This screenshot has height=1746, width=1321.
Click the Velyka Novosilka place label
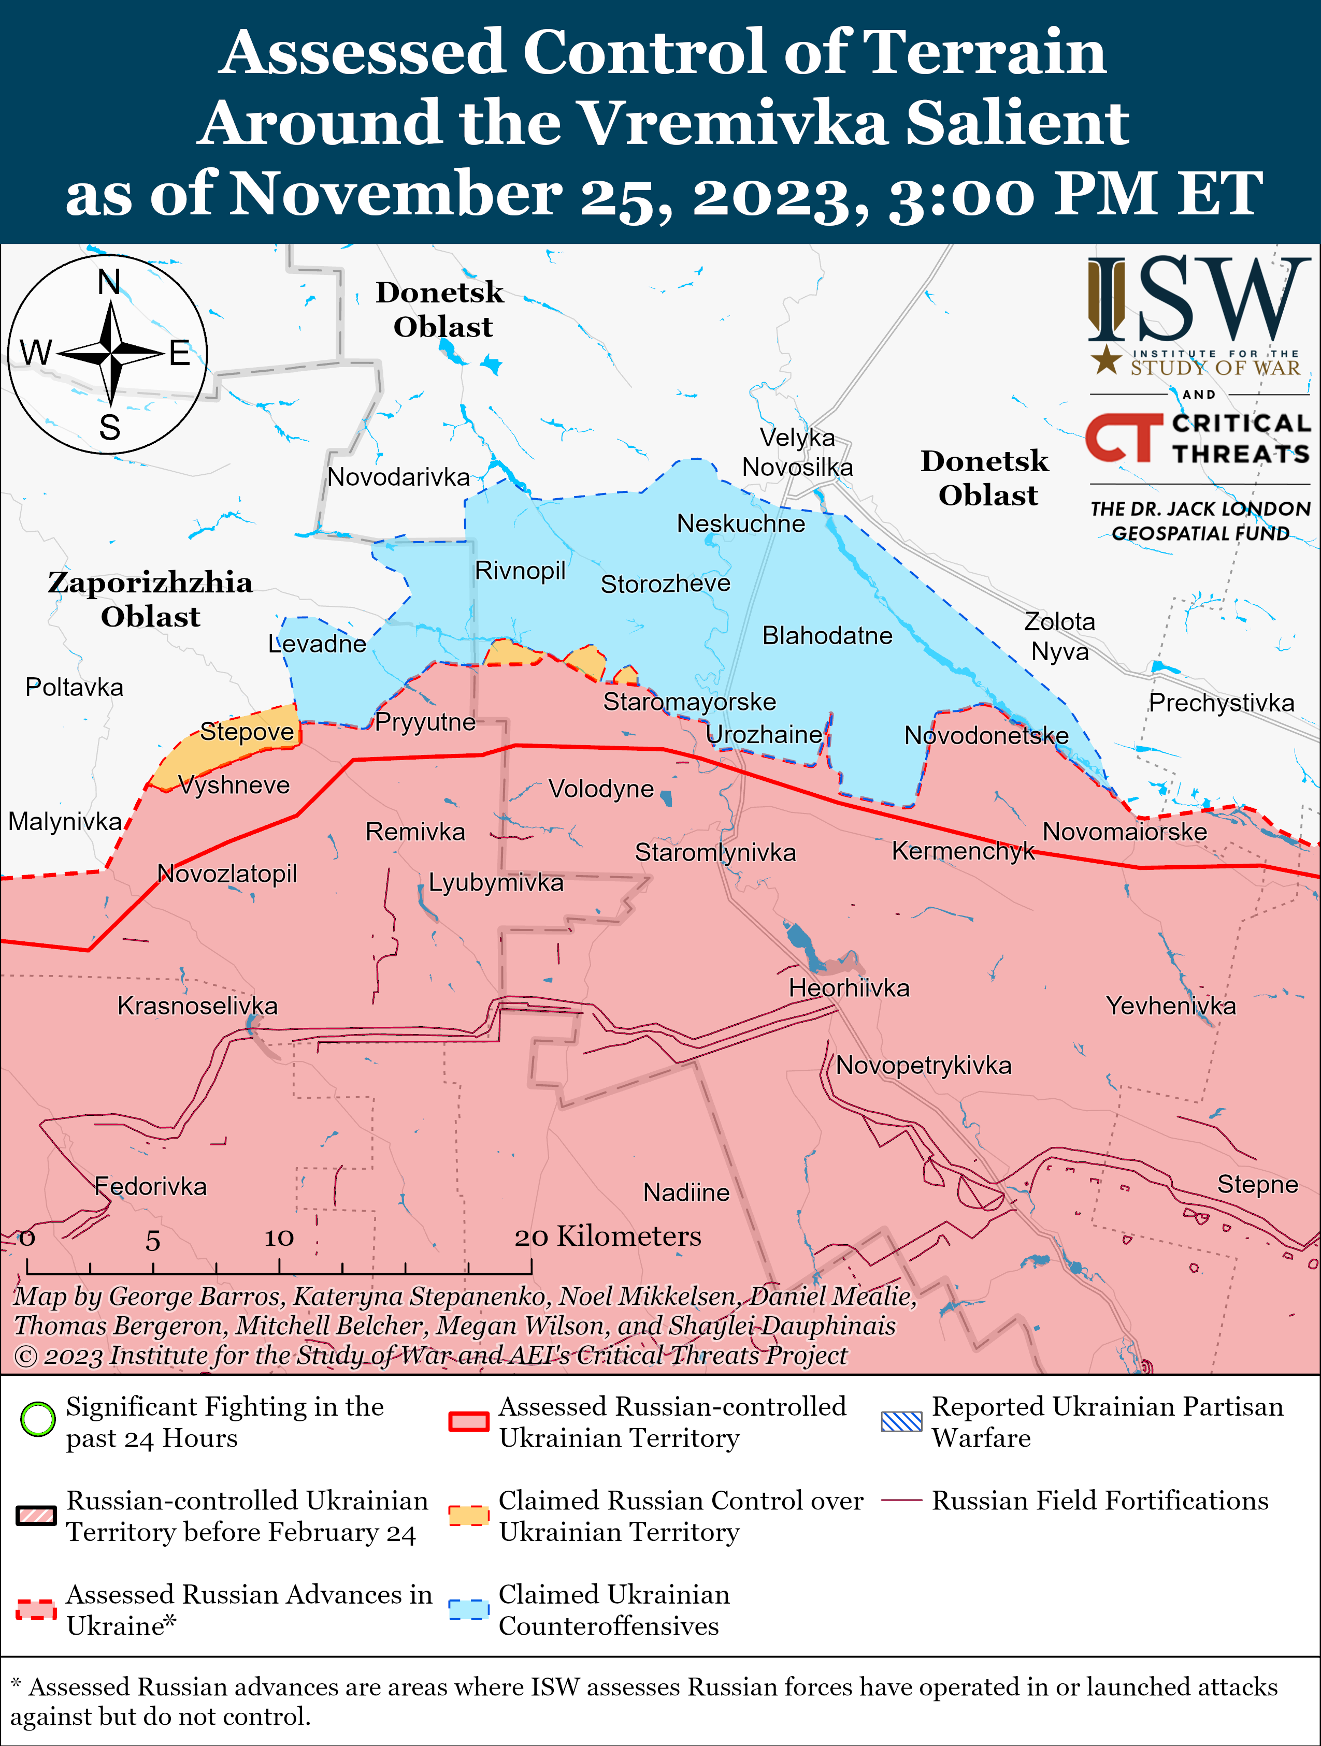pos(797,452)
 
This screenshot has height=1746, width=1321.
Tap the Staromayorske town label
pos(690,701)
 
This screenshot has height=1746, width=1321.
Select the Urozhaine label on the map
pos(764,734)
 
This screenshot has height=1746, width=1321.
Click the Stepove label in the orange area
pos(247,731)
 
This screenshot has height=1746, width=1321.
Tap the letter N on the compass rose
pos(109,282)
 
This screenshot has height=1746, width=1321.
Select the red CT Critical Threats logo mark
pos(1123,438)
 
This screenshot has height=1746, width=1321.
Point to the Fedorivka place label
pos(150,1186)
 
